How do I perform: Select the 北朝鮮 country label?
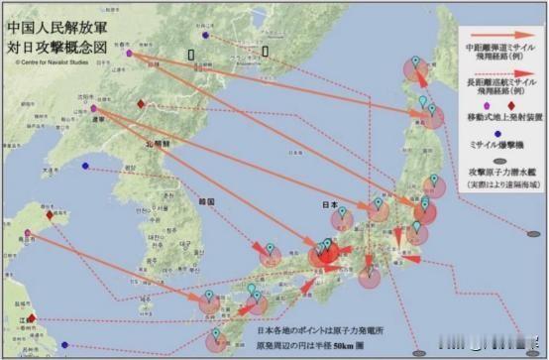(159, 145)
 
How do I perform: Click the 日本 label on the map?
(331, 205)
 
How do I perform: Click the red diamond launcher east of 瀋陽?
(141, 104)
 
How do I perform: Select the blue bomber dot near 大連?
(86, 166)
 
